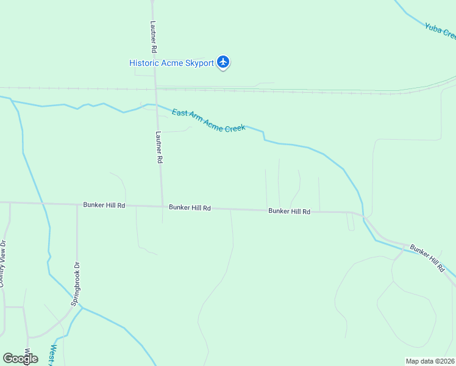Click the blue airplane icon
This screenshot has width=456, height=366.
pos(224,62)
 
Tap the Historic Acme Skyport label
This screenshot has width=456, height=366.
pos(171,63)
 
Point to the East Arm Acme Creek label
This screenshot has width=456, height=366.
pos(208,120)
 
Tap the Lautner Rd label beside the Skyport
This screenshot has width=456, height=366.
pos(154,38)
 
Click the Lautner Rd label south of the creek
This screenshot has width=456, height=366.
pos(159,147)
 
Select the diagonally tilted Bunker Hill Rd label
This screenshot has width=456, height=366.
pos(427,258)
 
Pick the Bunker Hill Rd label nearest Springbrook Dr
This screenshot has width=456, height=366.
pos(104,206)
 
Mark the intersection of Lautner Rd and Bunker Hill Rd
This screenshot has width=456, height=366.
pos(162,206)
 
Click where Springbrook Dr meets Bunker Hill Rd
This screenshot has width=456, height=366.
pos(77,204)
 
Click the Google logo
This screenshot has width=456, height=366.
pos(20,359)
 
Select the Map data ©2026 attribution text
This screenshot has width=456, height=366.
pos(430,361)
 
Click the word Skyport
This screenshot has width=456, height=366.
pos(198,63)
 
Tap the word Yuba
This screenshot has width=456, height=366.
pos(433,26)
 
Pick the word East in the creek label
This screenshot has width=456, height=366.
pos(179,113)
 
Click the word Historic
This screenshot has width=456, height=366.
pos(144,63)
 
